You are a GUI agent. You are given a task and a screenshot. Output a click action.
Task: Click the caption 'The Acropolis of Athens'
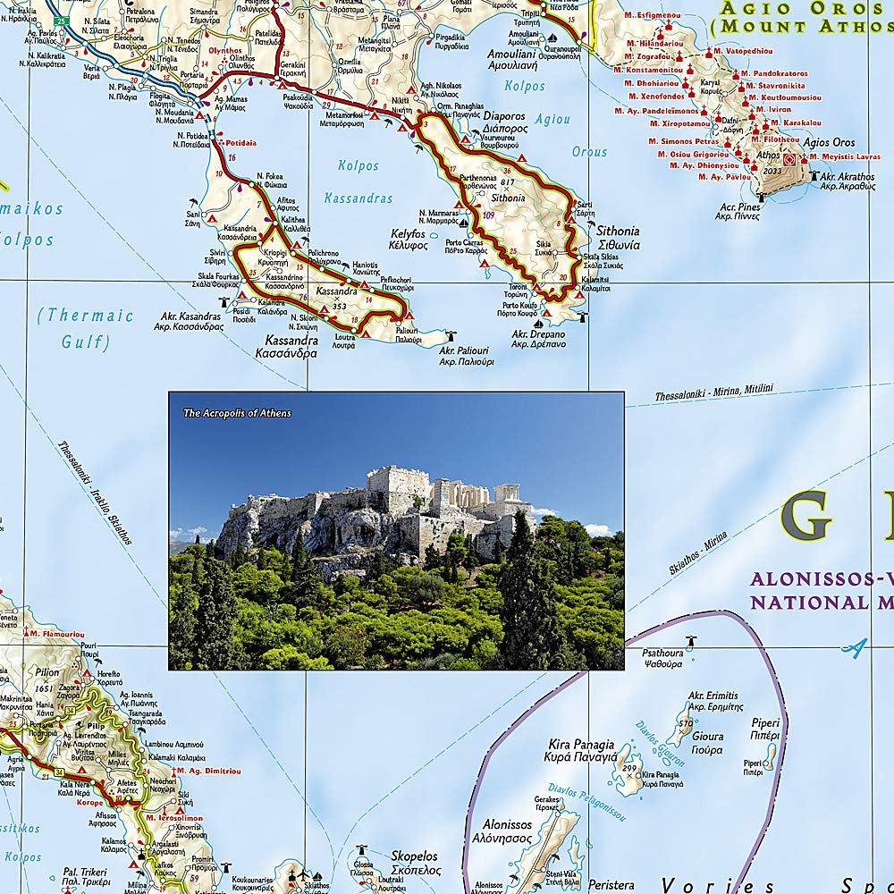[x=237, y=413]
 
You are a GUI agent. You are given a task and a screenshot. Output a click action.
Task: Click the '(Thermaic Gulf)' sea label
[x=86, y=328]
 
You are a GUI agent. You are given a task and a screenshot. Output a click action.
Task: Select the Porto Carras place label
[x=467, y=245]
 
